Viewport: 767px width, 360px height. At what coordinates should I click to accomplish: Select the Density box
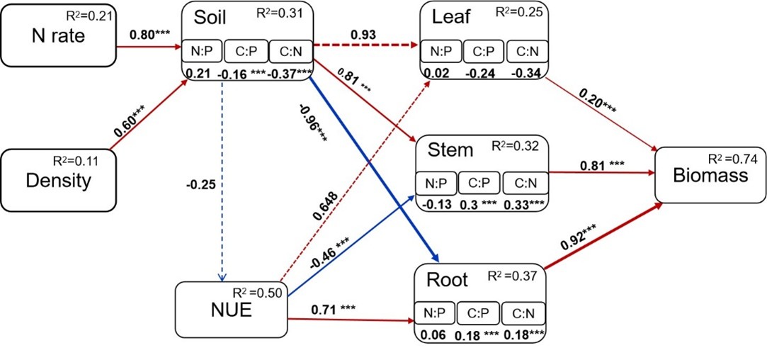58,180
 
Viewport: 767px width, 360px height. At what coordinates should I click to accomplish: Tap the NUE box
232,313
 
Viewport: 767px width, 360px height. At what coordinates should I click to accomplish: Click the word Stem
450,150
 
